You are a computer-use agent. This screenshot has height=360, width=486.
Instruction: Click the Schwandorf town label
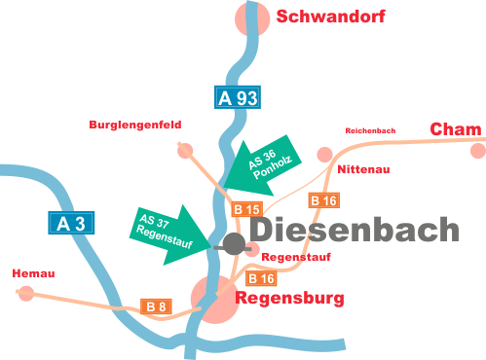(x=331, y=17)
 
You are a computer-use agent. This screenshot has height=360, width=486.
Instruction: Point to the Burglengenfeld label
(x=134, y=125)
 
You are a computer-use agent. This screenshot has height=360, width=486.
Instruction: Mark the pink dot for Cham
(x=477, y=150)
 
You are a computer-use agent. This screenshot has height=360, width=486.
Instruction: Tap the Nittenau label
(x=363, y=169)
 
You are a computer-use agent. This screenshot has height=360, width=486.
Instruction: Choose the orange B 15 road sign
(x=247, y=209)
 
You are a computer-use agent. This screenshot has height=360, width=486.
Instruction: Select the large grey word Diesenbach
(x=355, y=230)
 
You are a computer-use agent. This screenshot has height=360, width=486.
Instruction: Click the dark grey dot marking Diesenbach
(x=235, y=242)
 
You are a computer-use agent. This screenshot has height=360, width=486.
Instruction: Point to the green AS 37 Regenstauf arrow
(x=164, y=232)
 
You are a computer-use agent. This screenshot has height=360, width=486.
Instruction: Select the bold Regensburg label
(x=289, y=299)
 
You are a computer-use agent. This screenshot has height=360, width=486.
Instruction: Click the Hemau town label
(x=32, y=273)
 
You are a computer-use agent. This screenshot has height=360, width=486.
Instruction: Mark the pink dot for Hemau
(x=26, y=292)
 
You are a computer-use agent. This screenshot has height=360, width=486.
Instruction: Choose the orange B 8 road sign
(x=156, y=306)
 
